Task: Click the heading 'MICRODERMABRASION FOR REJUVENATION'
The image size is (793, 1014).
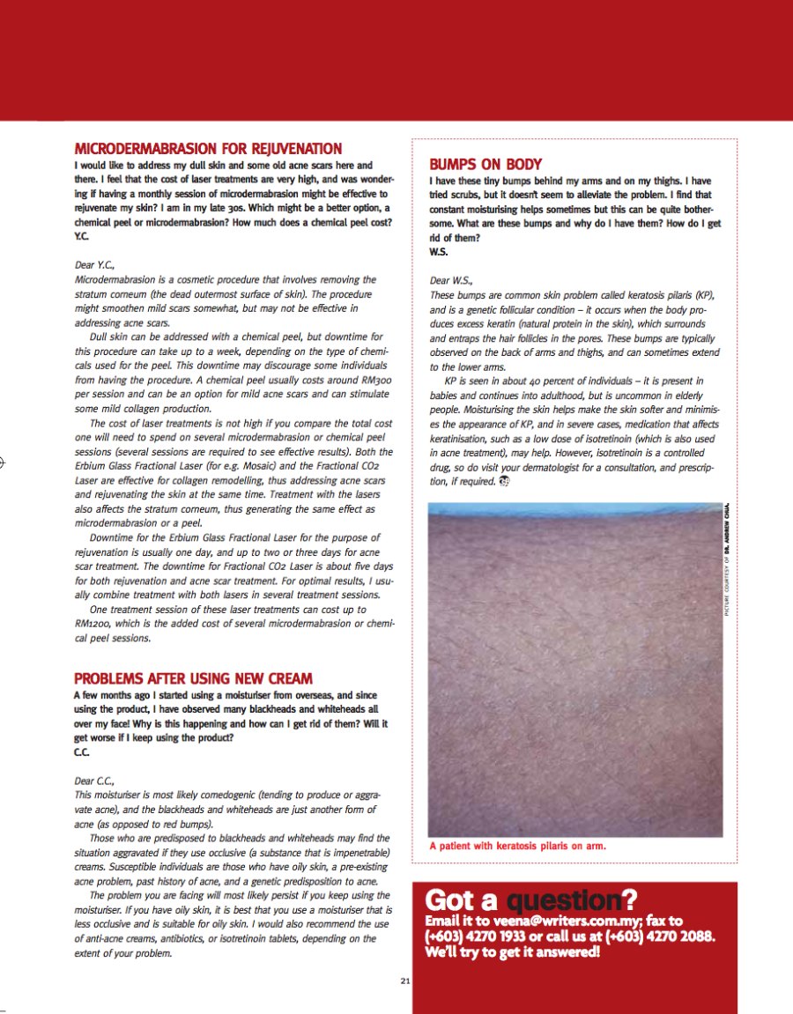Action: (208, 149)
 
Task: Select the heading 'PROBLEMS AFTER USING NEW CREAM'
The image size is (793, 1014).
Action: (193, 678)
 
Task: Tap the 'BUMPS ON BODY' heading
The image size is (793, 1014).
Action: (485, 165)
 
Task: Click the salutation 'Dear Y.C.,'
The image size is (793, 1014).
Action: (98, 263)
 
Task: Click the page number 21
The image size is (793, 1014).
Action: (404, 980)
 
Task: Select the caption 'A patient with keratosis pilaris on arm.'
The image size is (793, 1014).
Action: (518, 846)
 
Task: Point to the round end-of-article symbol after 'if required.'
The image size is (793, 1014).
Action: (504, 481)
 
